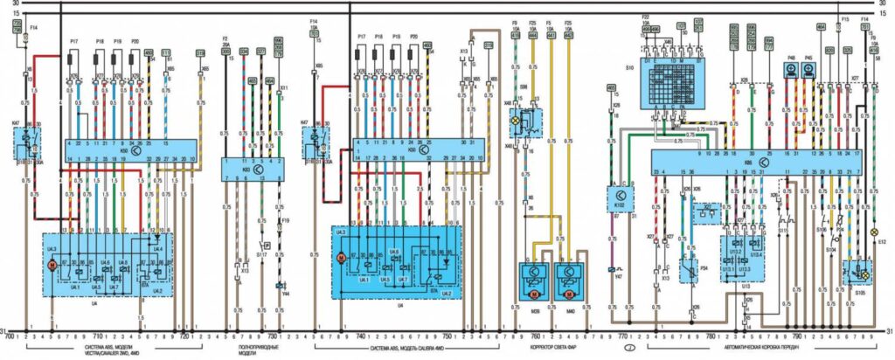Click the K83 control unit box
252,166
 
